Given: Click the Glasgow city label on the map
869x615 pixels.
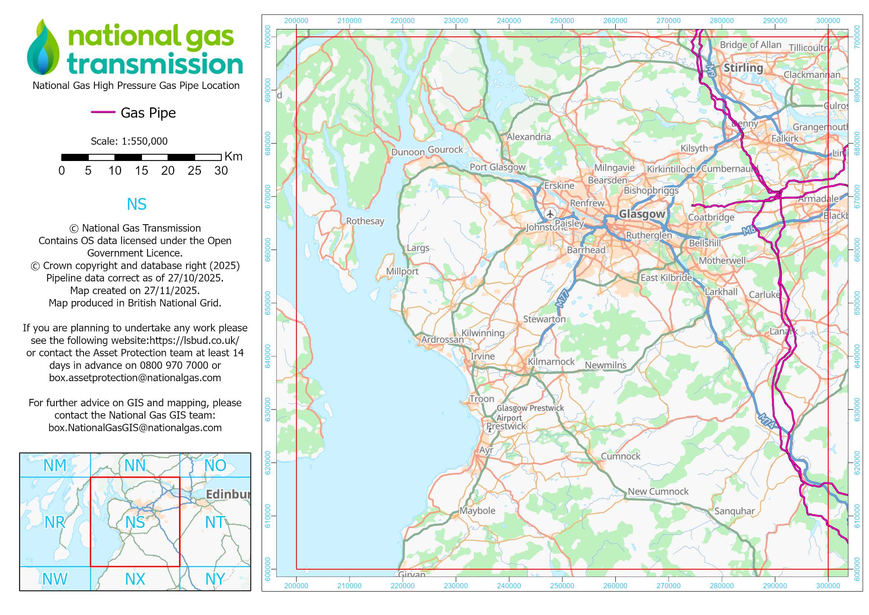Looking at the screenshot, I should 642,214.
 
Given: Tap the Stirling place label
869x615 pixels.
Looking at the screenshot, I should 743,68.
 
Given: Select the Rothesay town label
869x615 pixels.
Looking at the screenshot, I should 365,221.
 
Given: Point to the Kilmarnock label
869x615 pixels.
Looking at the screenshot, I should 551,362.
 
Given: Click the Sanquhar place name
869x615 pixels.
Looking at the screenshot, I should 734,511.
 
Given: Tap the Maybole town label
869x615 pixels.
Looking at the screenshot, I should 477,511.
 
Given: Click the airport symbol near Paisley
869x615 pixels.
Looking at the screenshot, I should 550,213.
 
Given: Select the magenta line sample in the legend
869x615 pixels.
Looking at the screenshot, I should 103,112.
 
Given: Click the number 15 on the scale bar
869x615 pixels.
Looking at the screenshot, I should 141,171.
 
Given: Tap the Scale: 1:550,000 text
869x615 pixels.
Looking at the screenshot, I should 129,141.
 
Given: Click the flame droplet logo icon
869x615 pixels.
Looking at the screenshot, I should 43,47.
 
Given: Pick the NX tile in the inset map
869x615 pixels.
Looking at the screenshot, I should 135,579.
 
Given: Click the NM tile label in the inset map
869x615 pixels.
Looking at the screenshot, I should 55,466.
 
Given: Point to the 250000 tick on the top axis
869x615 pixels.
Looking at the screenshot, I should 562,21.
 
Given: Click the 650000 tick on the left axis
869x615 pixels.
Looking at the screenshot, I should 268,303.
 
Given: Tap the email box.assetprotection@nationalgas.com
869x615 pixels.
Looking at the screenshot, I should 135,378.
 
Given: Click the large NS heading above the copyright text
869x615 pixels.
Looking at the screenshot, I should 136,205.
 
